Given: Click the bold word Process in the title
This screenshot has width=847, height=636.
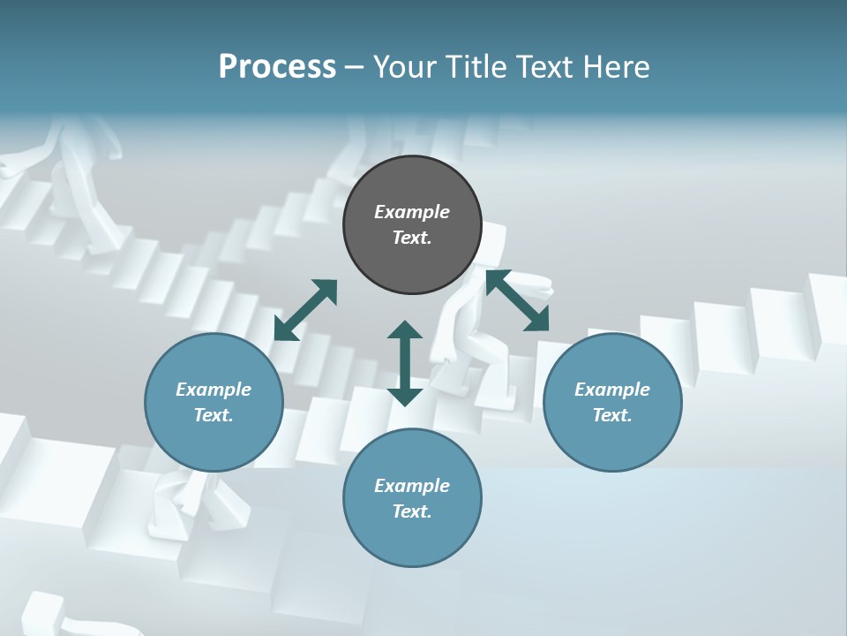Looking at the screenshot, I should point(277,67).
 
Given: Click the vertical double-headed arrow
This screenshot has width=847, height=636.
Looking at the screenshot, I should point(405,363).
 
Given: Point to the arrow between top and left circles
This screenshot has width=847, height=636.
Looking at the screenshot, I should point(305,310).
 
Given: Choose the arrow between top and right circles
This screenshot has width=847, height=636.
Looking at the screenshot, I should point(518,301).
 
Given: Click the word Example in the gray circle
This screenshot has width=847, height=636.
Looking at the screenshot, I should point(412,212).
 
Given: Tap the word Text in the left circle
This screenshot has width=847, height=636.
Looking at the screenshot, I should point(214,415).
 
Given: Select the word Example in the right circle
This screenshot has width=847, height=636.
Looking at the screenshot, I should point(612,390).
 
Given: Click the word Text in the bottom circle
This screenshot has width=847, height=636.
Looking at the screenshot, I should point(412,511).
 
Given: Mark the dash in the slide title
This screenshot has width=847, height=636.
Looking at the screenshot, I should point(354,67).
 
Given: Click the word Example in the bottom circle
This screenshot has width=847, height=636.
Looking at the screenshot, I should point(412,486).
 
